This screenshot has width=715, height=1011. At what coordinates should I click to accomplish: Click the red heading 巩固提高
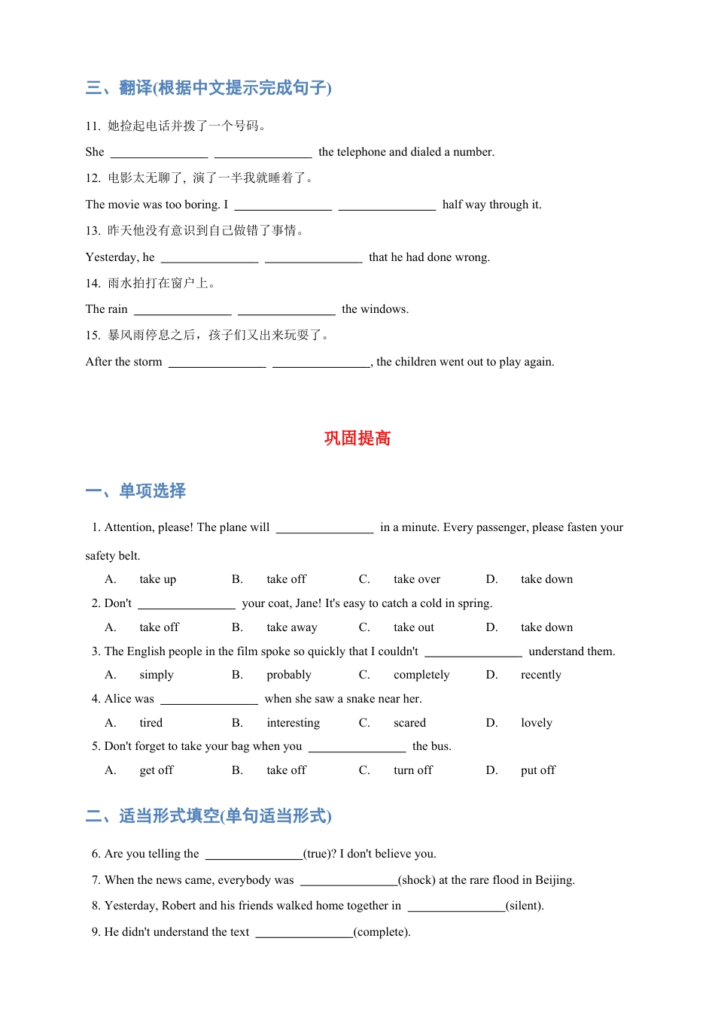pyautogui.click(x=357, y=439)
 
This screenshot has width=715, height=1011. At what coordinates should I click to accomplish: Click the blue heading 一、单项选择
pyautogui.click(x=135, y=491)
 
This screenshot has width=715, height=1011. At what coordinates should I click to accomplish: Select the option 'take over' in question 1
pyautogui.click(x=416, y=579)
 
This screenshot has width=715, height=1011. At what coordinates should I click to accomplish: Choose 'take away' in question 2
pyautogui.click(x=291, y=627)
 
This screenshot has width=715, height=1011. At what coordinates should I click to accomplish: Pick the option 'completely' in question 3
pyautogui.click(x=421, y=675)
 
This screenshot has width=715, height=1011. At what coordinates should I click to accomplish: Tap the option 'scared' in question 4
pyautogui.click(x=409, y=723)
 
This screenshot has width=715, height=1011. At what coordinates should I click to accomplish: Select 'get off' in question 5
pyautogui.click(x=156, y=770)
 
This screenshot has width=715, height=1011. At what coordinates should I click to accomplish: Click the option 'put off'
pyautogui.click(x=537, y=770)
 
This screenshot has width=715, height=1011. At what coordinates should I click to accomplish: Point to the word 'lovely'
pyautogui.click(x=536, y=723)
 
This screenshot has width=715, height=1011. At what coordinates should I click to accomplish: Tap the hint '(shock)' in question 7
pyautogui.click(x=416, y=880)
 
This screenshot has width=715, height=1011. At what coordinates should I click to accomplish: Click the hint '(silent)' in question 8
pyautogui.click(x=524, y=906)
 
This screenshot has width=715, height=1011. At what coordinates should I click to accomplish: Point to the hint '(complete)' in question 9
pyautogui.click(x=382, y=932)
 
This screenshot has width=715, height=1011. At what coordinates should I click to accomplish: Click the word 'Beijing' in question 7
pyautogui.click(x=554, y=880)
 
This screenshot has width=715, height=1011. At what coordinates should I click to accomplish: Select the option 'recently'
pyautogui.click(x=540, y=675)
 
